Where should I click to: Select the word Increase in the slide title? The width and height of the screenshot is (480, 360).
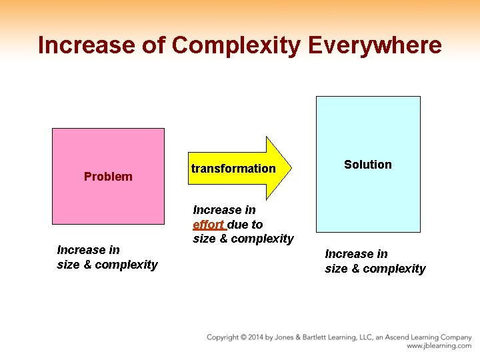pos(87,45)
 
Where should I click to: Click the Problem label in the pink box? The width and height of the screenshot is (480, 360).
pos(108,177)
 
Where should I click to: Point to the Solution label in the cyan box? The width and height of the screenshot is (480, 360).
pos(368,165)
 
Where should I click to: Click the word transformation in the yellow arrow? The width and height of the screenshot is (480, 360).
pos(233,169)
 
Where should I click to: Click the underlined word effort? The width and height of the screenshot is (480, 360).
pos(208,225)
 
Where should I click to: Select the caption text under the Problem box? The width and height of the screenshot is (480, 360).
pos(107,257)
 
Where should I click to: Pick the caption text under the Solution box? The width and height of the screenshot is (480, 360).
pos(375,261)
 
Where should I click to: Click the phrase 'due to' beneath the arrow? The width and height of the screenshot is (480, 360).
pos(245,225)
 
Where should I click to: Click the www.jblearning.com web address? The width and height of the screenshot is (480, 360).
pos(439,346)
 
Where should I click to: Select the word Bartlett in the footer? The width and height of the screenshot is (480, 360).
pos(316,337)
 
